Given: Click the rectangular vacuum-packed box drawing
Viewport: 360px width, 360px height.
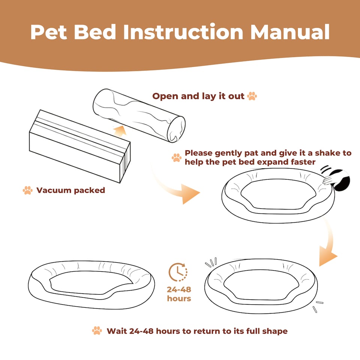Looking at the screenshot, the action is click(79, 146).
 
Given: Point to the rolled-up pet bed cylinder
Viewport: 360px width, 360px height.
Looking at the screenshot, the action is click(139, 115).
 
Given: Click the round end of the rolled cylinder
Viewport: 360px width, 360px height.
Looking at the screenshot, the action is click(176, 129).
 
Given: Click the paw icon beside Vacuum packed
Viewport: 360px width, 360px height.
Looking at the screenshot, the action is click(27, 190).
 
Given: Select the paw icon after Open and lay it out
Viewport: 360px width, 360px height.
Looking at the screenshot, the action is click(252, 96).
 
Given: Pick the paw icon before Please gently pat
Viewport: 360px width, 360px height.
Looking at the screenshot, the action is click(177, 157).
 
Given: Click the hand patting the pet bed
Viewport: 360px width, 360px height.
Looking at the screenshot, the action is click(330, 180).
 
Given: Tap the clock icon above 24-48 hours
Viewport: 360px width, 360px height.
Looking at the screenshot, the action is click(178, 272).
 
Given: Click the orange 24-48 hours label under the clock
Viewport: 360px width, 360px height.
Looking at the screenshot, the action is click(179, 294).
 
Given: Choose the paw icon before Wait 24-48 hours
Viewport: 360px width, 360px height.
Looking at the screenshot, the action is click(97, 331).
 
